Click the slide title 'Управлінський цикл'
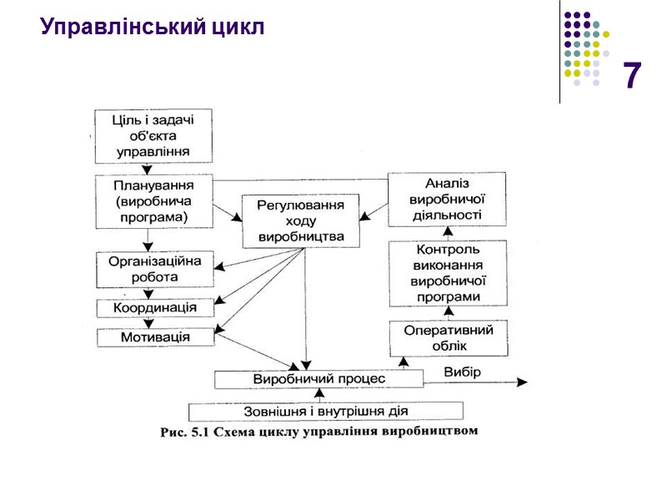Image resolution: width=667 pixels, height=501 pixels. click(x=153, y=28)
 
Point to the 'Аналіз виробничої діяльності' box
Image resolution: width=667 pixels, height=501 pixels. click(x=447, y=199)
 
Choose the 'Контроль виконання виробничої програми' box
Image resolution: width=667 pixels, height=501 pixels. click(x=449, y=273)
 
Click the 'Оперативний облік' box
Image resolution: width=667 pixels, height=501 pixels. click(x=449, y=337)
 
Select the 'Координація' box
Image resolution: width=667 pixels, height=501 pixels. click(x=155, y=307)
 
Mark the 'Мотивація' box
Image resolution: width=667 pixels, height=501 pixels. click(x=155, y=337)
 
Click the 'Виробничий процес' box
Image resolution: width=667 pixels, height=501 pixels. click(x=319, y=379)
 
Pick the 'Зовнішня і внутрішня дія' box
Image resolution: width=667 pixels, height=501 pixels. click(x=326, y=411)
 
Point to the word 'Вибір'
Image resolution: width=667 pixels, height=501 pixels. click(x=461, y=372)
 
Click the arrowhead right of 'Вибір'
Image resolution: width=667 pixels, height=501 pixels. click(x=522, y=382)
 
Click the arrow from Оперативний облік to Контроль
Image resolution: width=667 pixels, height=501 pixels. click(x=449, y=315)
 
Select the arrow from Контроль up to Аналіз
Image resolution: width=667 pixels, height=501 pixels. click(x=449, y=233)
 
